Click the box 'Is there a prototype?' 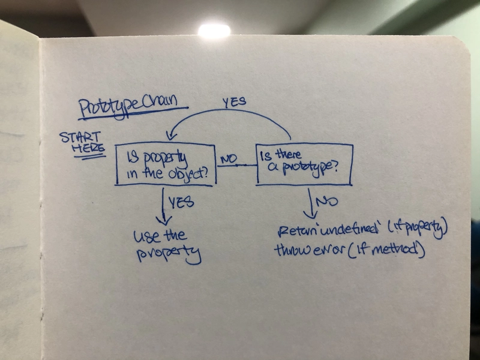(x=304, y=164)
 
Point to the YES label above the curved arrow (x=234, y=102)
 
